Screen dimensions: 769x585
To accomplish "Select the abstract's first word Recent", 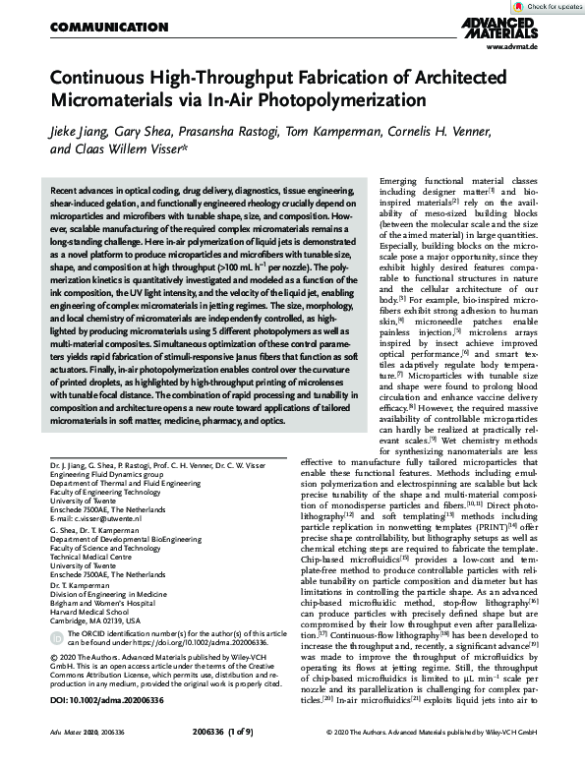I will click(x=66, y=186).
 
